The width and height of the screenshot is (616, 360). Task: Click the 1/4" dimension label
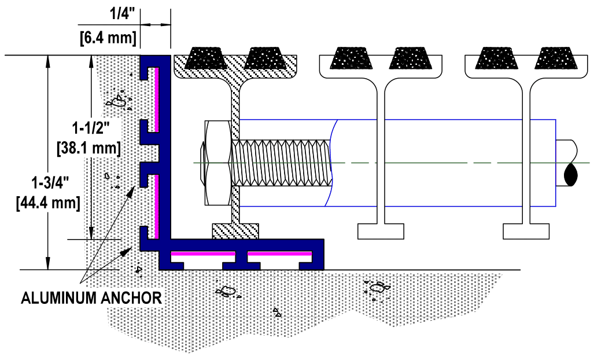[x=122, y=13]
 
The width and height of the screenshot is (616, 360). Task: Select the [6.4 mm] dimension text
[x=108, y=38]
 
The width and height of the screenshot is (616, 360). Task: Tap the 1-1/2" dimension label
[x=91, y=128]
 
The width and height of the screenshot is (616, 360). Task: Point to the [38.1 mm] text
[x=89, y=148]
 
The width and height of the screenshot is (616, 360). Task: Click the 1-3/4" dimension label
[x=50, y=183]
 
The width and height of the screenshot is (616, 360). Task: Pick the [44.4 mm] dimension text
[x=49, y=203]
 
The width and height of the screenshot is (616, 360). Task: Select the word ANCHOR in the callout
[x=131, y=298]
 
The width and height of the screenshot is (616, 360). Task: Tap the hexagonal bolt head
[x=217, y=163]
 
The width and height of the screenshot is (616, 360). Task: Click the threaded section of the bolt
[x=282, y=163]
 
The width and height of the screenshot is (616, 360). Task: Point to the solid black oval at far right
[x=571, y=175]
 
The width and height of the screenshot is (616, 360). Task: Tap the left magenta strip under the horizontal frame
[x=203, y=254]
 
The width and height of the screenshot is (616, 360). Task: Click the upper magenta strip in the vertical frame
[x=157, y=100]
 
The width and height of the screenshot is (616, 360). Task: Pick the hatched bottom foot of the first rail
[x=235, y=231]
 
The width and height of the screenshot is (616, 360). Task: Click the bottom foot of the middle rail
[x=381, y=232]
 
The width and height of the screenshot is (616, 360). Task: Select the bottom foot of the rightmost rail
[x=526, y=232]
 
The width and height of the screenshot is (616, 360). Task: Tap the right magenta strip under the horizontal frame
[x=280, y=254]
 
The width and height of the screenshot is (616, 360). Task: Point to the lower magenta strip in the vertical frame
[x=157, y=207]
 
